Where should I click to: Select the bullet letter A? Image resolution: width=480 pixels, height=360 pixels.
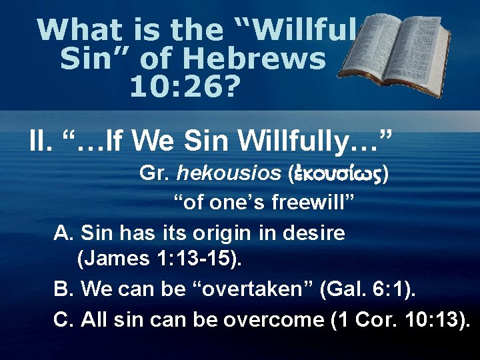pyautogui.click(x=63, y=233)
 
